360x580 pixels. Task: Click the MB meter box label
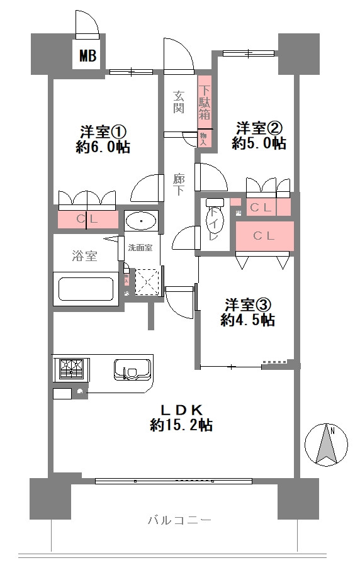(x=87, y=57)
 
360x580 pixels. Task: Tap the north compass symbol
(x=325, y=444)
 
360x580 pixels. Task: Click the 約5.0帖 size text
(x=259, y=144)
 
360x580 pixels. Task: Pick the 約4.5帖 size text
(x=247, y=320)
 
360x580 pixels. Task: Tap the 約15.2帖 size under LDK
(x=181, y=425)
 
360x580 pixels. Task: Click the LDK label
(x=181, y=408)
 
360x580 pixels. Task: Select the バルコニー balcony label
(x=179, y=520)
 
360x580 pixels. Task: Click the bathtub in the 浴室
(x=86, y=289)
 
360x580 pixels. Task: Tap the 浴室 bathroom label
(x=84, y=256)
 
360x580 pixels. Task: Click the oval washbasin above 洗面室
(x=141, y=221)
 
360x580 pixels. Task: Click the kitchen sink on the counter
(x=131, y=369)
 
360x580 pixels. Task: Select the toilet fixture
(x=213, y=223)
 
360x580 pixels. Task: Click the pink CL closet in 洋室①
(x=88, y=220)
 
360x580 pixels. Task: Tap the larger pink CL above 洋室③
(x=264, y=237)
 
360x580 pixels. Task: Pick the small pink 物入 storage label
(x=203, y=139)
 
